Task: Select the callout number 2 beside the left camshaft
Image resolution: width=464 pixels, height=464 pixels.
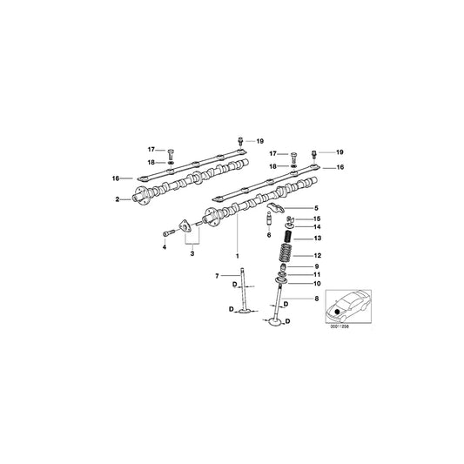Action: (117, 199)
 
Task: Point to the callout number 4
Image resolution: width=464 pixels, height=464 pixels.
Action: (163, 246)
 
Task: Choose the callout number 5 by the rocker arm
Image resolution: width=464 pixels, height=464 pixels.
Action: (317, 207)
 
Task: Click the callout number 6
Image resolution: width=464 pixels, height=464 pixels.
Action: (269, 236)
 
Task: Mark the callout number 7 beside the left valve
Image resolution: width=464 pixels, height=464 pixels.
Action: (217, 276)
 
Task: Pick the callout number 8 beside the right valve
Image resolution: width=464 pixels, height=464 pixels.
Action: (317, 299)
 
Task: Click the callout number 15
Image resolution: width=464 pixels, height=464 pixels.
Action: (317, 219)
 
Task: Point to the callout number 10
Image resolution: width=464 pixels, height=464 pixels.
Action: (317, 284)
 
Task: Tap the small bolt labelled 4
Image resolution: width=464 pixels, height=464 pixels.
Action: (168, 232)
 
